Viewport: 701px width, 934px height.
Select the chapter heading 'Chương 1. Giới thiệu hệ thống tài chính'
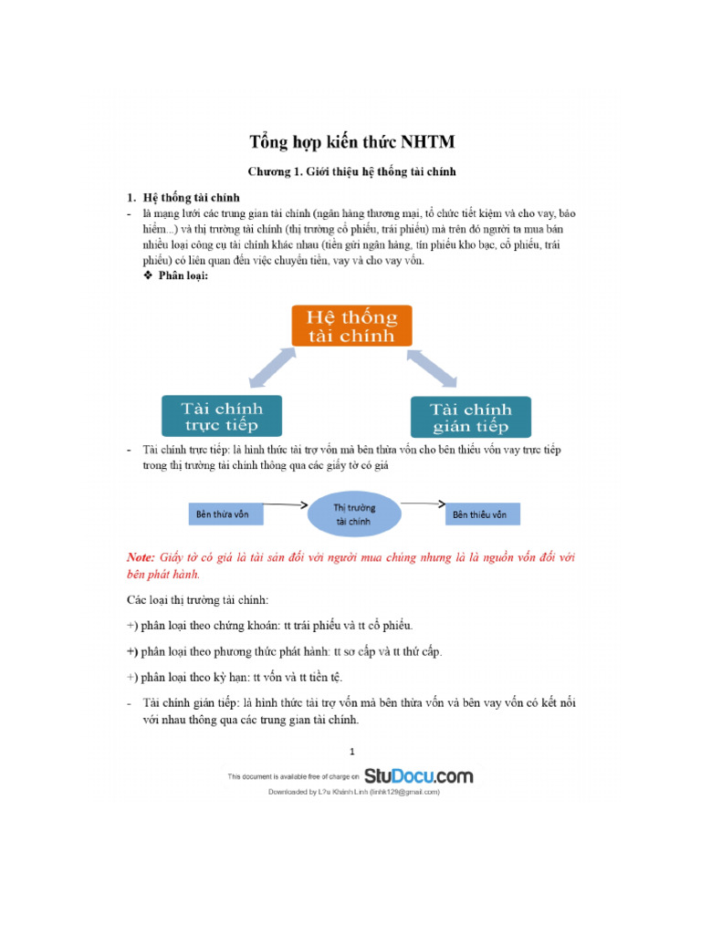pyautogui.click(x=351, y=171)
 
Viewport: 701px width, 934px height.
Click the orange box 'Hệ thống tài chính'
pyautogui.click(x=351, y=326)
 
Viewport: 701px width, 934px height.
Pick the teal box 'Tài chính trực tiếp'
pyautogui.click(x=221, y=415)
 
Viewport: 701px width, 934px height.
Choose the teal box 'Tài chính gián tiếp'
pyautogui.click(x=470, y=417)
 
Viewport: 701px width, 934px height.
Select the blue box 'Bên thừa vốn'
pyautogui.click(x=225, y=514)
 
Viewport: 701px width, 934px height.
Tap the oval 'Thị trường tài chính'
pyautogui.click(x=352, y=514)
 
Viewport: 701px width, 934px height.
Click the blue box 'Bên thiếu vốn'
pyautogui.click(x=482, y=514)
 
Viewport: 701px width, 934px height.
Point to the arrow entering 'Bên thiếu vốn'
pyautogui.click(x=421, y=503)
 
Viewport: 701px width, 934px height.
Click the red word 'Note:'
pyautogui.click(x=141, y=556)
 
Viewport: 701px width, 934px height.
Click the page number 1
pyautogui.click(x=351, y=752)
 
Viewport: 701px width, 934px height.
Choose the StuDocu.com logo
pyautogui.click(x=419, y=776)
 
